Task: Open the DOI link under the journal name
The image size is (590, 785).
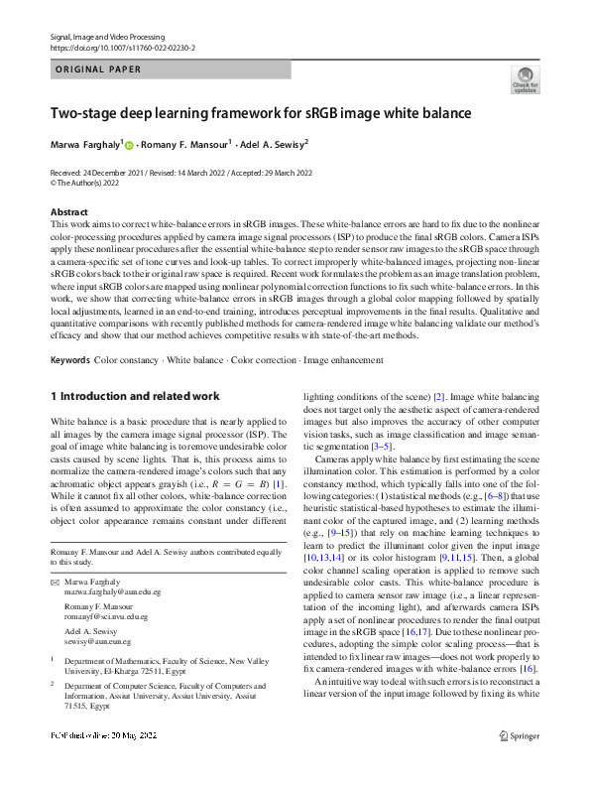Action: pos(122,48)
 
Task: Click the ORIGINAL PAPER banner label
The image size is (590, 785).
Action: pos(97,69)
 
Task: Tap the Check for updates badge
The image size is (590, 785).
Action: pos(525,80)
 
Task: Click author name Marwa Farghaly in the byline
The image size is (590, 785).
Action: pos(85,144)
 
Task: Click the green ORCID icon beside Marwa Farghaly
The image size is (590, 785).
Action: pos(129,145)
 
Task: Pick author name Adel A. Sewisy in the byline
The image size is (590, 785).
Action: pos(275,144)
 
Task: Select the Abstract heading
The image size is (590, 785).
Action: pos(69,212)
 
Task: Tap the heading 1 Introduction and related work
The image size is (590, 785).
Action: pos(135,397)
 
